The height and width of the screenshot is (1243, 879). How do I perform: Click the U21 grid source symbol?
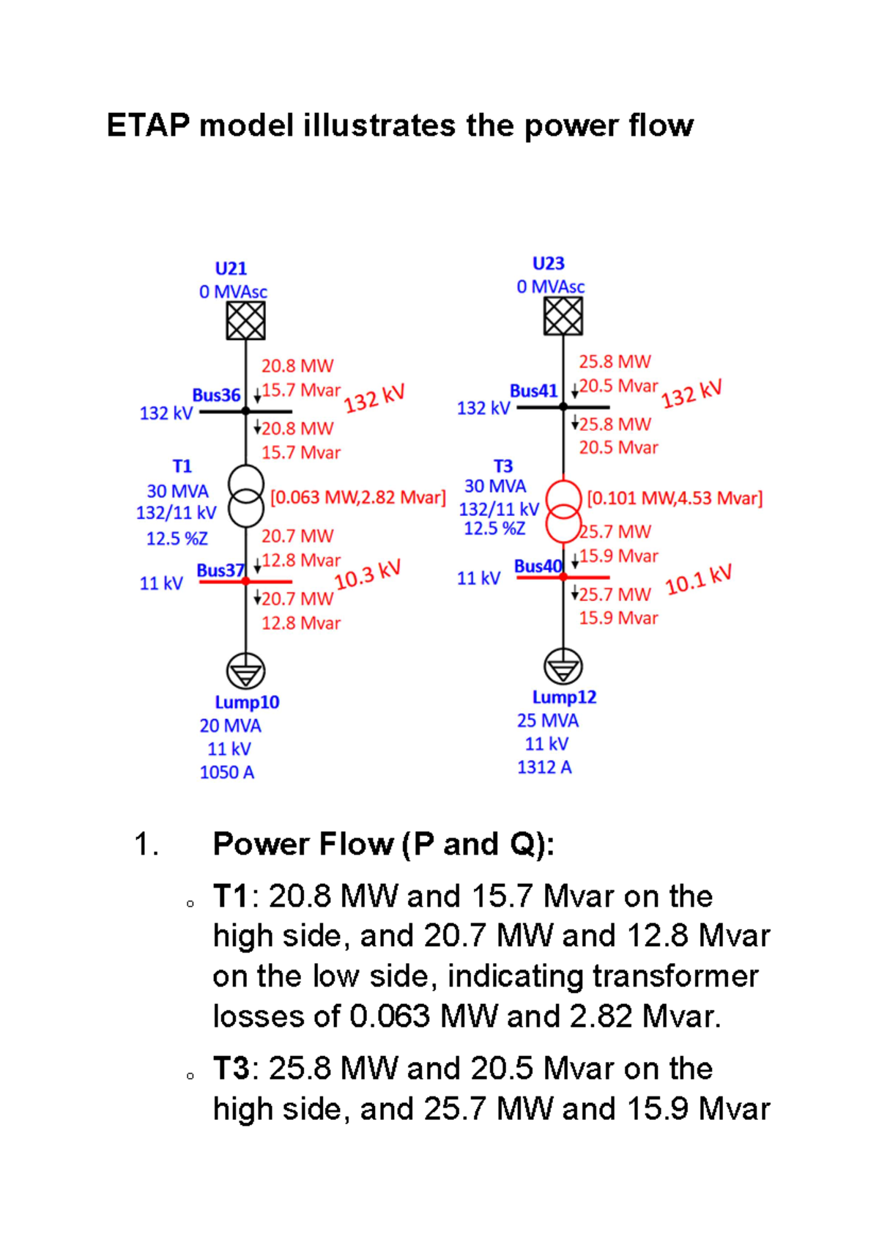pyautogui.click(x=245, y=321)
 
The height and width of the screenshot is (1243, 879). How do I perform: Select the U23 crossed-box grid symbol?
pyautogui.click(x=563, y=316)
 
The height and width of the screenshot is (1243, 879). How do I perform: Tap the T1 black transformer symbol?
pyautogui.click(x=245, y=496)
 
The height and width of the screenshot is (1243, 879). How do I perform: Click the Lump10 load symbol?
pyautogui.click(x=245, y=671)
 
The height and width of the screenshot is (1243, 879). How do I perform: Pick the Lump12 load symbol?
pyautogui.click(x=563, y=666)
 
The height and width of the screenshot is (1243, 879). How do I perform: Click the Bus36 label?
pyautogui.click(x=216, y=395)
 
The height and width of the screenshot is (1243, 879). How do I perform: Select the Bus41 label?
pyautogui.click(x=533, y=391)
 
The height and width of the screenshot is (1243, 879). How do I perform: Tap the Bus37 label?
pyautogui.click(x=220, y=570)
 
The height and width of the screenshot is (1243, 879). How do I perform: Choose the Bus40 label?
pyautogui.click(x=538, y=566)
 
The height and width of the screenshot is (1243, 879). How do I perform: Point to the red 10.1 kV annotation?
pyautogui.click(x=699, y=579)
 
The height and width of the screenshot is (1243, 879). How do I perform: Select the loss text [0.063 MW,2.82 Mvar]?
pyautogui.click(x=357, y=498)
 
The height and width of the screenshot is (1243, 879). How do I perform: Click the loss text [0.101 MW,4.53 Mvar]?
pyautogui.click(x=675, y=498)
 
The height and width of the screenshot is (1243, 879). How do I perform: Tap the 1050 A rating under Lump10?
pyautogui.click(x=227, y=772)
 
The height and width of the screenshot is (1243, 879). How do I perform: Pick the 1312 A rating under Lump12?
pyautogui.click(x=544, y=767)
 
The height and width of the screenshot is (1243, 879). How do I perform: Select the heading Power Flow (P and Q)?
pyautogui.click(x=383, y=844)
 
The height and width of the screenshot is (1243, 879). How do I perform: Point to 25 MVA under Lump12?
pyautogui.click(x=547, y=720)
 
